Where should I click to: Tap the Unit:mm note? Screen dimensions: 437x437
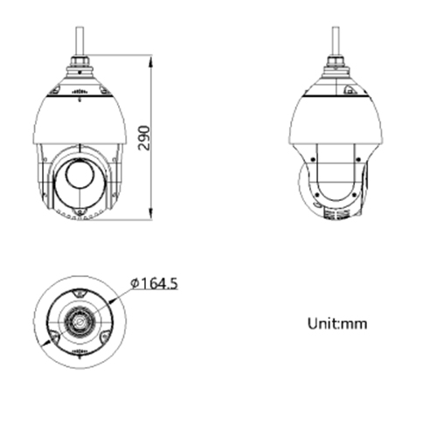point(337,323)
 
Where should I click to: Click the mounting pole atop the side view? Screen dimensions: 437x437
point(336,39)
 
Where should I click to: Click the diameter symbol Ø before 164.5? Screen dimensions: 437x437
point(135,283)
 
